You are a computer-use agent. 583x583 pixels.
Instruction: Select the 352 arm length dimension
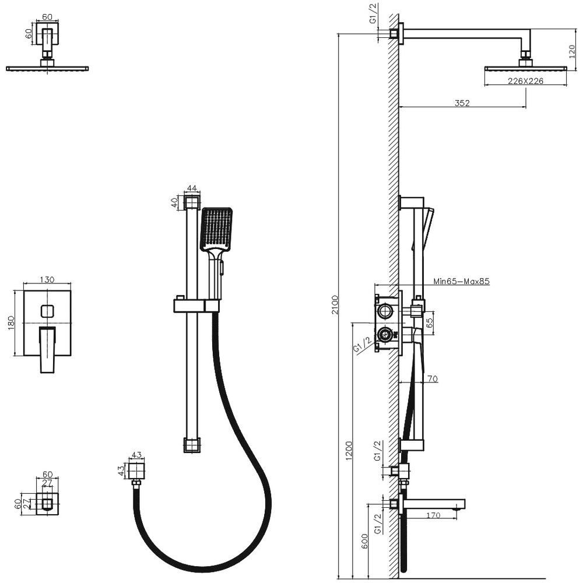click(x=462, y=103)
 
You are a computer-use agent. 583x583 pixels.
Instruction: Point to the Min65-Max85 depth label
click(x=461, y=281)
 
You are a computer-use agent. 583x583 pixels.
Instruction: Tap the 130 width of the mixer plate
click(x=47, y=280)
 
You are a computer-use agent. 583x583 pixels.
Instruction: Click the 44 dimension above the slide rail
click(x=192, y=189)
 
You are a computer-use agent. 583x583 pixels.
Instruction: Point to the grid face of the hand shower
click(x=217, y=228)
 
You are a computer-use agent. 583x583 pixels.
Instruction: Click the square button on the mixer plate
click(x=47, y=311)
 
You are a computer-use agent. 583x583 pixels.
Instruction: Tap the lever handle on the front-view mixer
click(x=47, y=349)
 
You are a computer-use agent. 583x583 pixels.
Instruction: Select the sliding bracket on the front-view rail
click(x=196, y=305)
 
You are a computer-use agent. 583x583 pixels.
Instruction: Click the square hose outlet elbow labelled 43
click(x=137, y=470)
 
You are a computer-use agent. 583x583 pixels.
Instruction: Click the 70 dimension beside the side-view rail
click(x=432, y=379)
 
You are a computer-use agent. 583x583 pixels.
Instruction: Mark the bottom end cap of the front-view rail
click(x=192, y=445)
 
